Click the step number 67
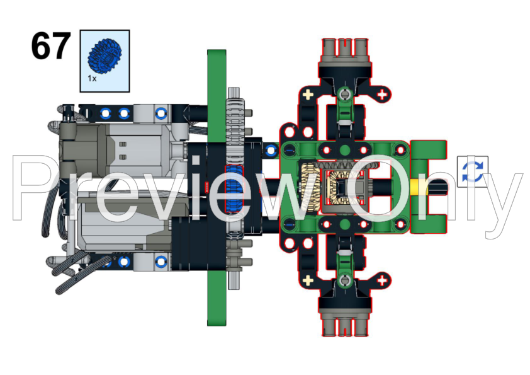click(x=51, y=46)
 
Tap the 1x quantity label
click(x=92, y=79)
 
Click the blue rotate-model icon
click(x=473, y=171)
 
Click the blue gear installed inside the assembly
click(x=234, y=188)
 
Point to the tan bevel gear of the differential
click(x=309, y=187)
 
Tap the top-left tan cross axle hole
click(x=308, y=95)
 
